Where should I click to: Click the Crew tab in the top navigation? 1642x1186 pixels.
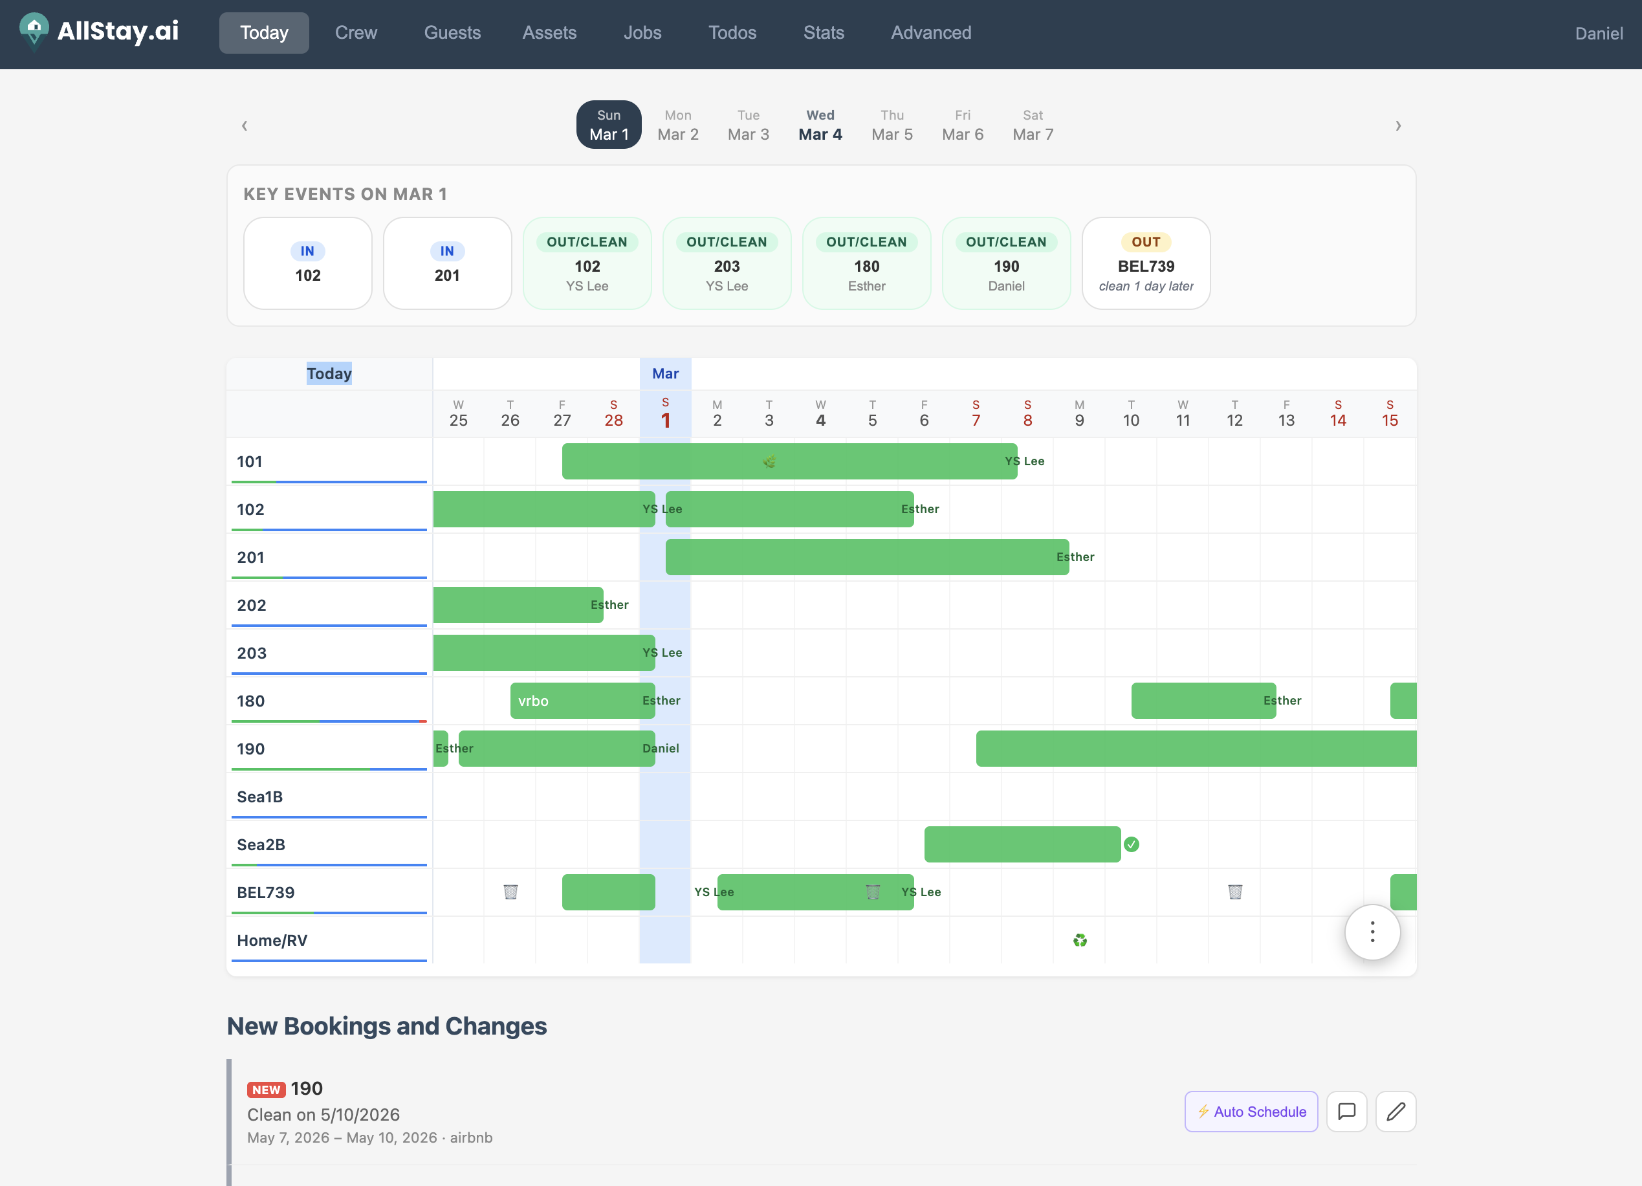pos(355,32)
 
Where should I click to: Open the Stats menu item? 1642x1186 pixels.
pos(823,32)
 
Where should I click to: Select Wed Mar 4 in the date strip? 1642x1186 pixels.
pos(820,126)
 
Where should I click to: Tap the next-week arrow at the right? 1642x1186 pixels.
pos(1397,126)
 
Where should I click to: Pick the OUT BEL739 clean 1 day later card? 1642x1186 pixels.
pos(1145,263)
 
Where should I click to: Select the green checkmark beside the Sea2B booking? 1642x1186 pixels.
pos(1131,844)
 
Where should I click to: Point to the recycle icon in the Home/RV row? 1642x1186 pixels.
pos(1079,941)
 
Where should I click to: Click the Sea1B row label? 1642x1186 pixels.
pos(260,797)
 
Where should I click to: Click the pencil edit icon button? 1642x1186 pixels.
pos(1395,1112)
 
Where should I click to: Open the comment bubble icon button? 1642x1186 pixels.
pos(1346,1112)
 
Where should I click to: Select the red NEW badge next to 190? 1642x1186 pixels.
pos(266,1090)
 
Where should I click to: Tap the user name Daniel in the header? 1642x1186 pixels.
pos(1598,33)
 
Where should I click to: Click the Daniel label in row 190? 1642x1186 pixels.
pos(661,749)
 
